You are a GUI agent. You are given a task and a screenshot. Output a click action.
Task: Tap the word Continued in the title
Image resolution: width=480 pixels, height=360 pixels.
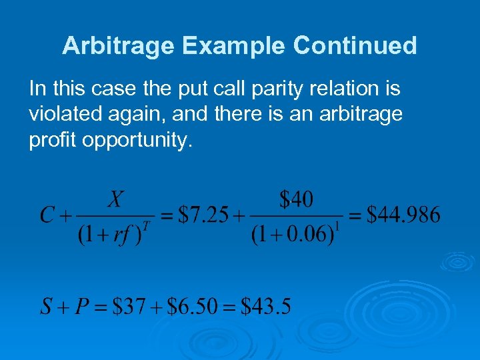tap(355, 46)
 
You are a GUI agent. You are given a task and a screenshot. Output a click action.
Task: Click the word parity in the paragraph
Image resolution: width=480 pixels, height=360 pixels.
tap(263, 89)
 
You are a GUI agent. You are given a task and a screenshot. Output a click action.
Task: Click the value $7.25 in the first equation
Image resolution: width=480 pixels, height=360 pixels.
tap(204, 215)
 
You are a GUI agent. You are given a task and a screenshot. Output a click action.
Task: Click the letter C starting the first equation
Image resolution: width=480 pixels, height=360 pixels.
tap(47, 215)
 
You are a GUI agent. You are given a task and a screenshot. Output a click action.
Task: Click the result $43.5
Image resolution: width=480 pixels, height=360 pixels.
tap(265, 307)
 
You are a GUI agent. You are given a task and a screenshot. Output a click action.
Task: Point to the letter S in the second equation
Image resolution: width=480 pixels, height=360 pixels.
tap(46, 307)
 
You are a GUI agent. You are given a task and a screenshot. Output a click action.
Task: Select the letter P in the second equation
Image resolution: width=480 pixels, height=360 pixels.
tap(82, 307)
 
